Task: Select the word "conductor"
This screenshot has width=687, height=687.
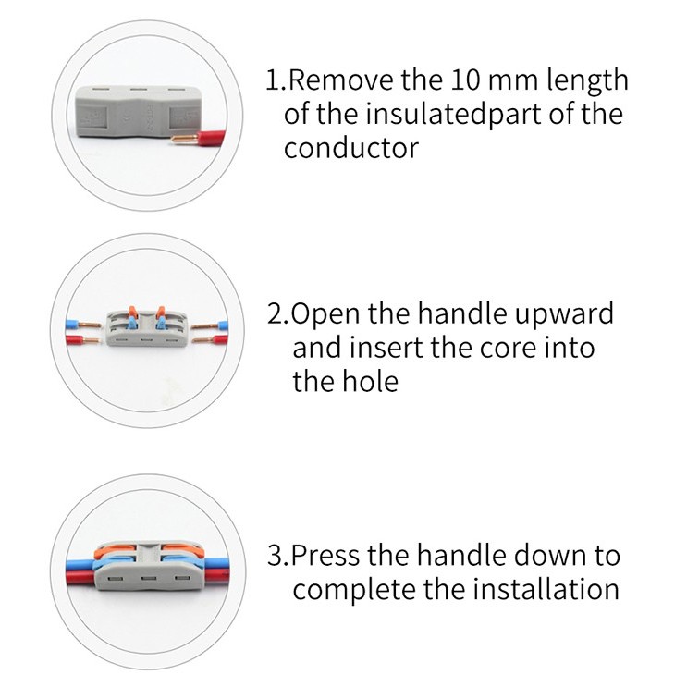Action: click(351, 148)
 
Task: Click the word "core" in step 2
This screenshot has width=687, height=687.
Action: click(508, 349)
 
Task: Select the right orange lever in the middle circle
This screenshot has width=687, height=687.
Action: click(161, 313)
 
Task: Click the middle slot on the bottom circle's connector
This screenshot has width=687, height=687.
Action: click(149, 579)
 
